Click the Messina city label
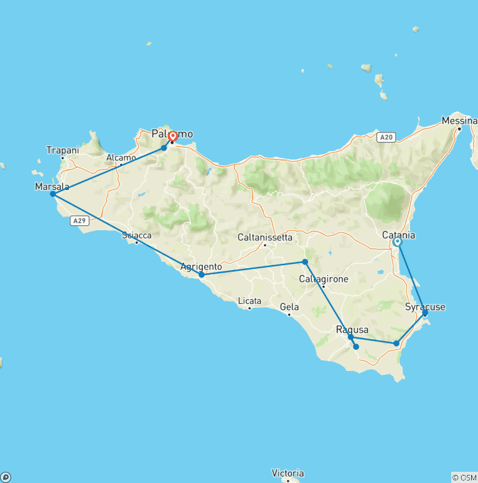[x=459, y=120]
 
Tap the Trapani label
[x=62, y=150]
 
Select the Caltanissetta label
[x=265, y=237]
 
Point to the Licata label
[x=249, y=301]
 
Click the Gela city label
[x=289, y=307]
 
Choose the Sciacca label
[x=136, y=235]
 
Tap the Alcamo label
[x=121, y=158]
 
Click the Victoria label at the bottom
[x=288, y=473]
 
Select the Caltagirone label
[x=323, y=279]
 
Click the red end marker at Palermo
[x=172, y=135]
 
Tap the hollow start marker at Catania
[x=397, y=243]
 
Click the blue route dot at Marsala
[x=53, y=194]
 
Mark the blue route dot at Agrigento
[x=202, y=274]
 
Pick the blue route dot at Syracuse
[x=425, y=313]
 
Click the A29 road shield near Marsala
[x=78, y=220]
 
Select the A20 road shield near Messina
[x=386, y=137]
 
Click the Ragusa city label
[x=352, y=330]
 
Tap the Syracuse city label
[x=425, y=307]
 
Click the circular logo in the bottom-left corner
[x=6, y=477]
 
